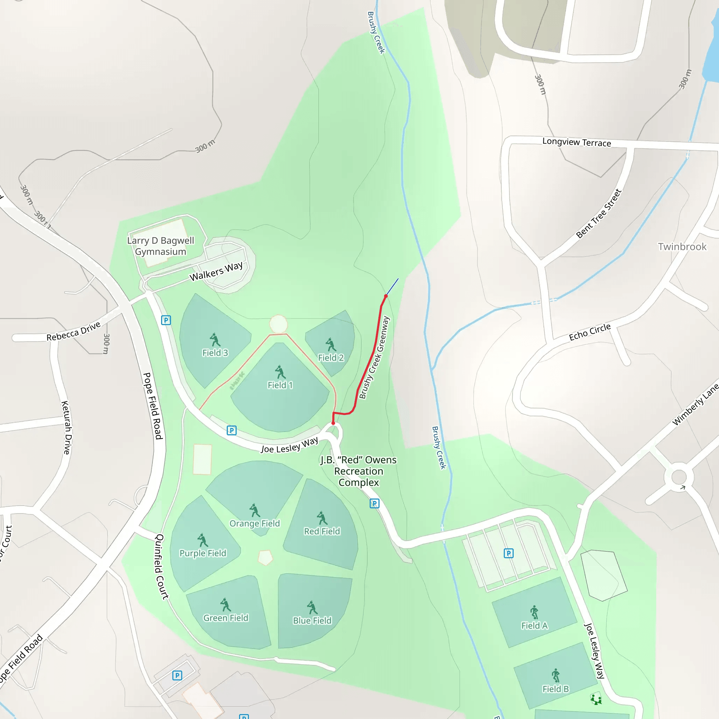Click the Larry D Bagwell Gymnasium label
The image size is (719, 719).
pos(160,246)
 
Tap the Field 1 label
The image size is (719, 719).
pos(280,385)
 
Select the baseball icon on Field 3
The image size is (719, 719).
pos(215,339)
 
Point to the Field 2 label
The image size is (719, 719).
pos(331,358)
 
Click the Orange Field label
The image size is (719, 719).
pos(255,523)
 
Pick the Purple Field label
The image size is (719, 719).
pos(203,553)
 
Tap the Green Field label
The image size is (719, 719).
pos(225,618)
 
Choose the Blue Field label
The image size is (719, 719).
pos(312,620)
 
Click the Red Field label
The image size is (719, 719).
pos(322,531)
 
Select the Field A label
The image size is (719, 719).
pos(534,626)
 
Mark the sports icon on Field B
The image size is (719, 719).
pos(556,675)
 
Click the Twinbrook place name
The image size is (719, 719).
pos(682,247)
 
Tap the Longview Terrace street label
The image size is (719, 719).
pos(576,142)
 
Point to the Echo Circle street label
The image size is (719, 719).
pos(589,332)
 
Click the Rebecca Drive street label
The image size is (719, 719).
pos(73,331)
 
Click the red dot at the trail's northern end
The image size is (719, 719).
pos(386,296)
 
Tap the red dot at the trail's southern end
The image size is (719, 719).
pos(333,423)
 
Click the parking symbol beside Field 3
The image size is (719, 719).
pos(166,320)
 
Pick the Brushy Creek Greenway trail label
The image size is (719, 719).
pos(374,358)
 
